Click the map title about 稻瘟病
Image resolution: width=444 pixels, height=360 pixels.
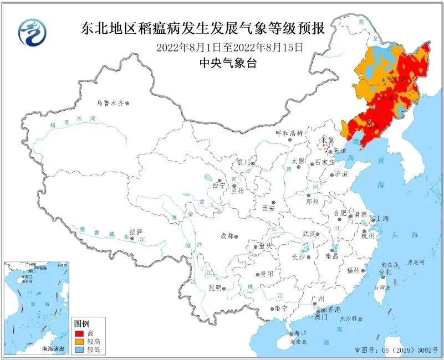point(202,28)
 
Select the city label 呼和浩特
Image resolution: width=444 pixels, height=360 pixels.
point(289,134)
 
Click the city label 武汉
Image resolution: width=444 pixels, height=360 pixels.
point(309,234)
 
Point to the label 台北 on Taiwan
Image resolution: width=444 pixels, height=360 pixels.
point(385,272)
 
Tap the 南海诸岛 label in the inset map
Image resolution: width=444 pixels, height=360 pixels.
point(53,349)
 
